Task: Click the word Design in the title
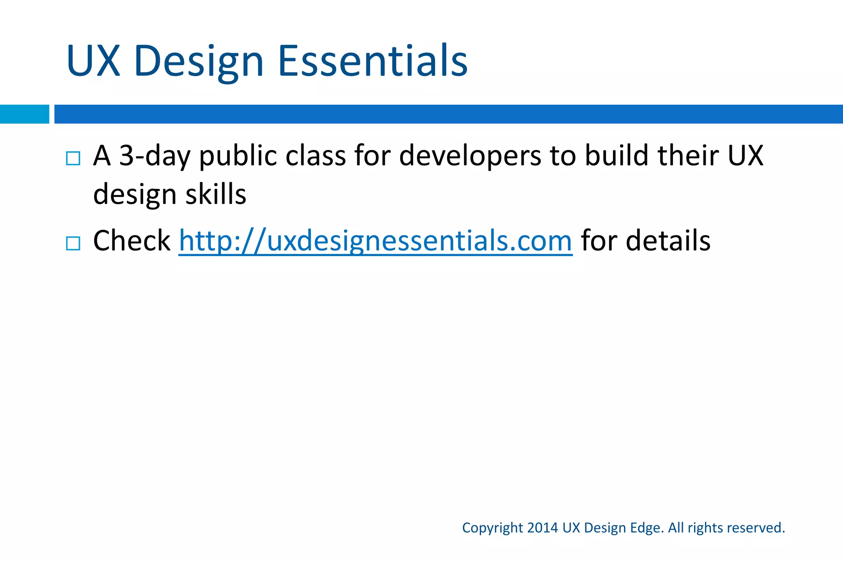pyautogui.click(x=198, y=62)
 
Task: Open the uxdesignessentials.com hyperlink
pyautogui.click(x=375, y=241)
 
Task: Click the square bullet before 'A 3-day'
pyautogui.click(x=73, y=158)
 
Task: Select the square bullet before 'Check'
pyautogui.click(x=73, y=243)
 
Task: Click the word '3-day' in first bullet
pyautogui.click(x=154, y=156)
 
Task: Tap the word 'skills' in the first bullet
pyautogui.click(x=216, y=194)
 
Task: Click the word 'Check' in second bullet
pyautogui.click(x=131, y=241)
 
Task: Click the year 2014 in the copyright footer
pyautogui.click(x=542, y=528)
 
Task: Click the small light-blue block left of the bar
pyautogui.click(x=24, y=114)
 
